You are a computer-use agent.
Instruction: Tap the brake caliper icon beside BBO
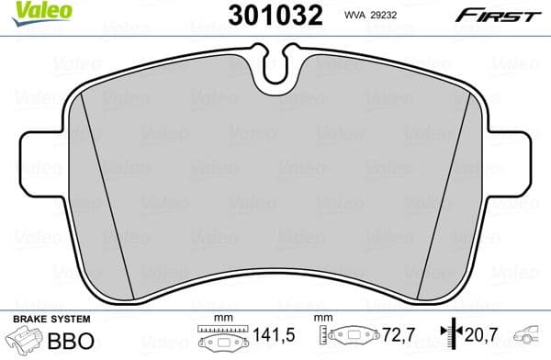pyautogui.click(x=27, y=342)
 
